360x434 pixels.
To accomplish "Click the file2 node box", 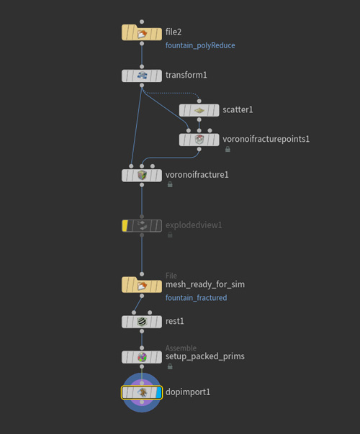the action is pos(142,32).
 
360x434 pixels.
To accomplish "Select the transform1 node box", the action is pos(142,76).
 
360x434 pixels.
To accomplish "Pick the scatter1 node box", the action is pos(199,110).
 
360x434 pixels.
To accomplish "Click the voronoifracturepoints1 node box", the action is pos(199,140).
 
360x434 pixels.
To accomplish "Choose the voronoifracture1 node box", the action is pos(142,176).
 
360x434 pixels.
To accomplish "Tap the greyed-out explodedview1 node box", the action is pos(142,226).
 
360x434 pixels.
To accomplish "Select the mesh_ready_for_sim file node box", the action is pos(142,285).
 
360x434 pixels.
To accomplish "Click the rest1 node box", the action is pos(142,322).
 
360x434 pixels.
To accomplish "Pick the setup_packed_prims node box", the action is pos(142,357).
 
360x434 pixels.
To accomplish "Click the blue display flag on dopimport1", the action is pos(158,393).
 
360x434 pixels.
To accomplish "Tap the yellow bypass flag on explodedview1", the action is pos(125,226).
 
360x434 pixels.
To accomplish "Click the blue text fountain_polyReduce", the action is pos(200,45).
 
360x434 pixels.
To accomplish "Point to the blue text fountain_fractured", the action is pos(196,298).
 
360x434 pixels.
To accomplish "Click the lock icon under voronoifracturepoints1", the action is pos(228,149).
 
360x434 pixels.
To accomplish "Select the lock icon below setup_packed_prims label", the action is pos(170,366).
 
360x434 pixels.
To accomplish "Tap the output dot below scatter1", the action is pos(199,120).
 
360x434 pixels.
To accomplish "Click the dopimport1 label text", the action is pos(188,392).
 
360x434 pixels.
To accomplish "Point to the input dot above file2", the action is pos(142,22).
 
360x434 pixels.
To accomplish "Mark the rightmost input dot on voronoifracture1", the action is pos(153,166).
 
